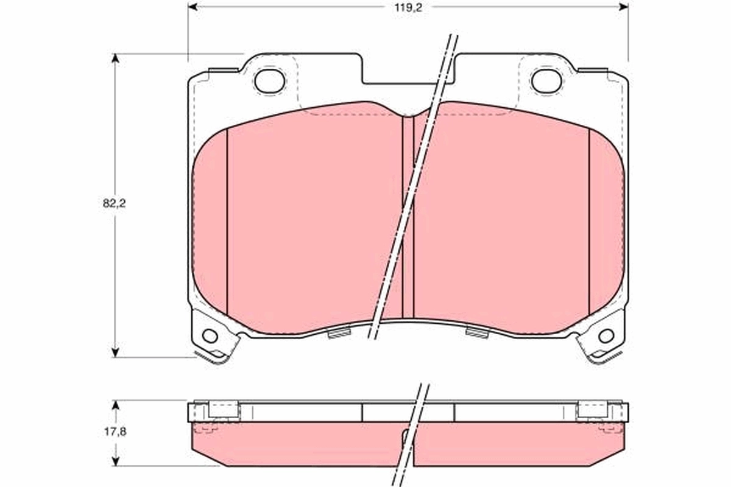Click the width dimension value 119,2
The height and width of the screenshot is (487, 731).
[x=408, y=7]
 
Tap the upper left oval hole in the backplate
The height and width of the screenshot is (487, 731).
[x=269, y=81]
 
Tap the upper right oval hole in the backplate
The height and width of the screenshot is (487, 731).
[x=546, y=81]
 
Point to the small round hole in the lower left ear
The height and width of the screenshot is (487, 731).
[x=210, y=335]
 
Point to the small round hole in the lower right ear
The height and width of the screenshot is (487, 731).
[x=606, y=335]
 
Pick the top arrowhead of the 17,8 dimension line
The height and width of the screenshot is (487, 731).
[x=115, y=405]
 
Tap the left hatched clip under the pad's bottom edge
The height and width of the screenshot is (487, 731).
[x=339, y=333]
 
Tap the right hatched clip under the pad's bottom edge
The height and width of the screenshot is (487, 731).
[x=477, y=333]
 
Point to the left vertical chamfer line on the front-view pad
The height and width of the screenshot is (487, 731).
[x=227, y=222]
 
